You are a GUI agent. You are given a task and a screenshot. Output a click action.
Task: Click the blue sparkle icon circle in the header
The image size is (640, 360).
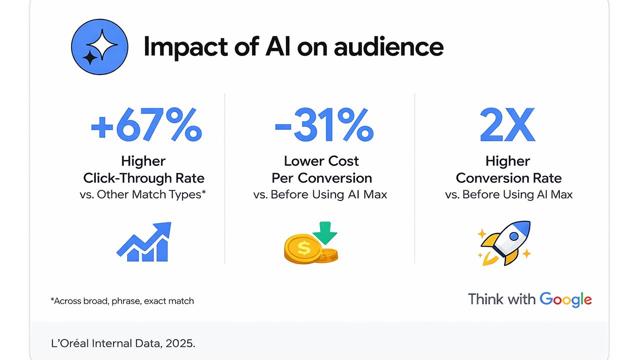point(100,46)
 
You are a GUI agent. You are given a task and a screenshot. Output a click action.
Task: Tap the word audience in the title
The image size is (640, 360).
point(388,46)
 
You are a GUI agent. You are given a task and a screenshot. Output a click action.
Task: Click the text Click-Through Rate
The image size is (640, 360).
point(143,178)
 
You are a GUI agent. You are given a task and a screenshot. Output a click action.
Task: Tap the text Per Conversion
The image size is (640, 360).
point(321,178)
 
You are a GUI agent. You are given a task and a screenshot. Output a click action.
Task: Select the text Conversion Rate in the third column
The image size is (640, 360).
point(508,178)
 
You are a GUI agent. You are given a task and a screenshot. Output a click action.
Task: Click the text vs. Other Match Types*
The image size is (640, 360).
point(143,195)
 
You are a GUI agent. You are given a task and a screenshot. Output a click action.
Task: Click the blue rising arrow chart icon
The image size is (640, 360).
point(144,242)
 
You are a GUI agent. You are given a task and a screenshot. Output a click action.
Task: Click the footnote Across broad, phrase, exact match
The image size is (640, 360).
point(122,301)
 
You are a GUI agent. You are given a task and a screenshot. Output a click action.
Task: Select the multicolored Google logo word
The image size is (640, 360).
point(565,299)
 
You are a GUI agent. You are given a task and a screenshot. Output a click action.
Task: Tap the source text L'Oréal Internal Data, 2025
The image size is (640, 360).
point(119,344)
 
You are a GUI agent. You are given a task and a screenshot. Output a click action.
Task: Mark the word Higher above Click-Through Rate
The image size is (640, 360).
point(143,161)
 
